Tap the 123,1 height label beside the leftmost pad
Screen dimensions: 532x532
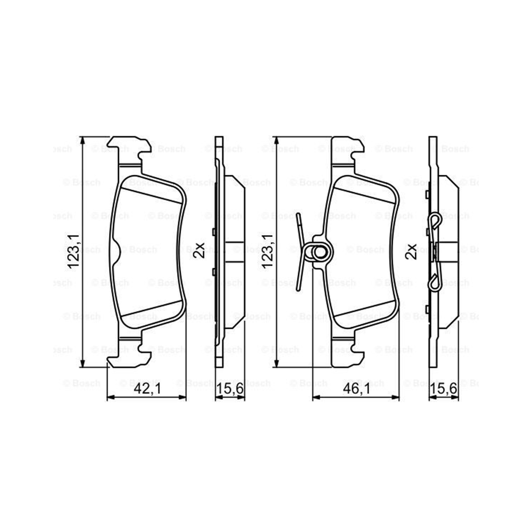coord(73,251)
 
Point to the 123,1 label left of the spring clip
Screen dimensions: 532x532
coord(268,251)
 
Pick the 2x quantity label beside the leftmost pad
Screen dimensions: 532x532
coord(199,250)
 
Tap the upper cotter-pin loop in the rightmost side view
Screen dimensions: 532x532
coord(435,221)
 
